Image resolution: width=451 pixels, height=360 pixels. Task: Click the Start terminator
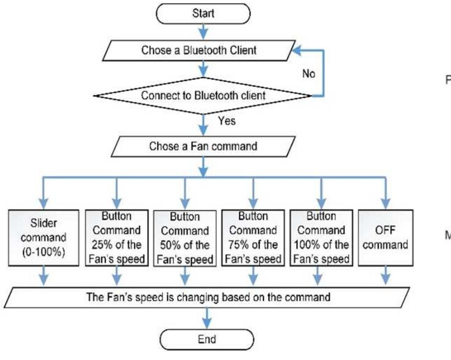pos(203,13)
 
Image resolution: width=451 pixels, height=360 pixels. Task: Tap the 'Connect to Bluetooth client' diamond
pos(203,96)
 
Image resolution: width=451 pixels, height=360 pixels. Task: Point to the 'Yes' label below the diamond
pos(227,122)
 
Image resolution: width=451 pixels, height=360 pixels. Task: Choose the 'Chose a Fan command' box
pos(203,147)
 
